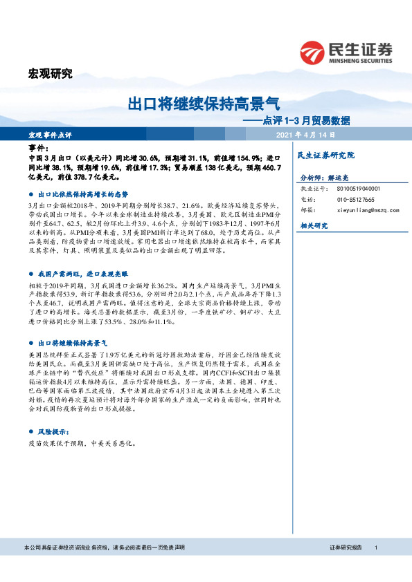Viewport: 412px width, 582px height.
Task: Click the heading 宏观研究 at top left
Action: click(50, 75)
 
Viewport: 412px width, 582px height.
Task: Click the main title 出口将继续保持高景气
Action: click(204, 104)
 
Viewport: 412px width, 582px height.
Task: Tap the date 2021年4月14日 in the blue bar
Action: click(305, 134)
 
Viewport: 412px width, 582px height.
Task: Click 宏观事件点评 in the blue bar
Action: click(50, 134)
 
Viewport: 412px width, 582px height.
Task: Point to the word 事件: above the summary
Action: click(39, 149)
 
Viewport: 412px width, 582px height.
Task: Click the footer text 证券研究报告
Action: click(346, 567)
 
